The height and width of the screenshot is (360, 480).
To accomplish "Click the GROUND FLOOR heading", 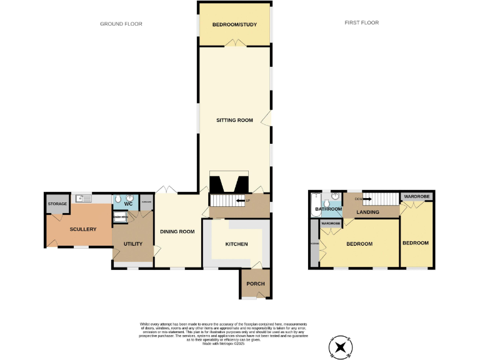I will coord(121,24).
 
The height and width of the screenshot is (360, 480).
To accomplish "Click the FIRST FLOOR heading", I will coord(361,22).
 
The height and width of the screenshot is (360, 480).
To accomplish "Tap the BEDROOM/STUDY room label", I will coord(234,24).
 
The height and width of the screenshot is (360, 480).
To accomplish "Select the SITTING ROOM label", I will coord(234,120).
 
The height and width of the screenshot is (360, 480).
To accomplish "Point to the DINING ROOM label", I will coord(177,231).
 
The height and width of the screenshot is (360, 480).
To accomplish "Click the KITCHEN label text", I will coord(236,244).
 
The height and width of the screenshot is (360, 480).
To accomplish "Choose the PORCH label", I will coord(255,284).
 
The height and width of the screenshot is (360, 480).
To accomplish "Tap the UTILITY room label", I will coord(133,244).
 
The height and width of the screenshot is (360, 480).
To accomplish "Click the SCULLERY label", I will coord(83,229).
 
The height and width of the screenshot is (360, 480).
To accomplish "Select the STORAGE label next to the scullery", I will coord(57,204).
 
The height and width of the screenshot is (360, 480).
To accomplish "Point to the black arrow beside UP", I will coord(239,201).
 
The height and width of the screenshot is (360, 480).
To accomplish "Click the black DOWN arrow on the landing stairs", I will coord(367,199).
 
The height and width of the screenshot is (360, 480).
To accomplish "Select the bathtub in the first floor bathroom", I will coord(314,205).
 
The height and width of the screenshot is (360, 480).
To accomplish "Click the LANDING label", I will coord(368,212).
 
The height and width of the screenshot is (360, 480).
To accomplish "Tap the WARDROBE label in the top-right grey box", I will coord(416,196).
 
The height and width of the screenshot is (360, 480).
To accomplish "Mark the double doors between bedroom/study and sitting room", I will coord(235,43).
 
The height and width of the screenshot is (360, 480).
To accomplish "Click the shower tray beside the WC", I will coord(120,217).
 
